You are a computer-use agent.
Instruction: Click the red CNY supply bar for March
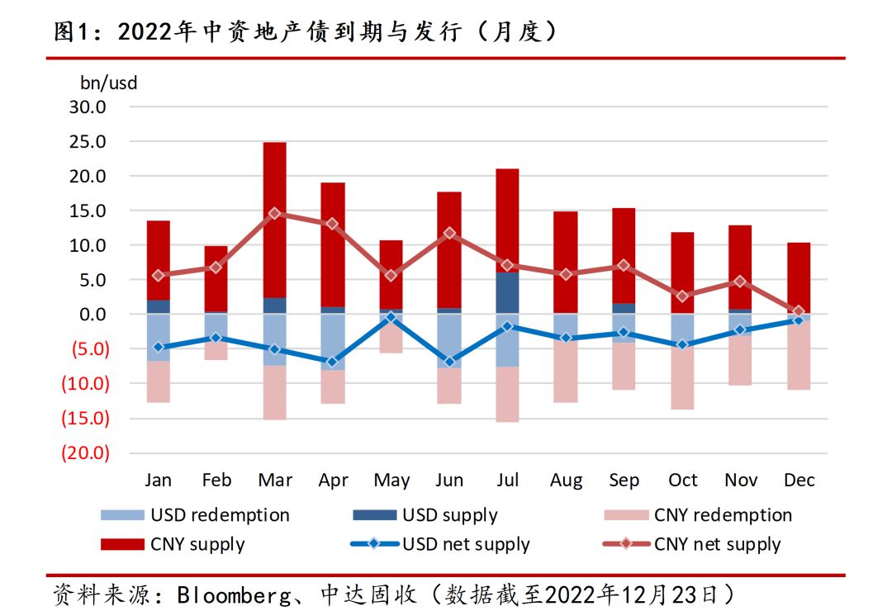(x=275, y=220)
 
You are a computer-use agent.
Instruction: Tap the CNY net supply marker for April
(x=333, y=224)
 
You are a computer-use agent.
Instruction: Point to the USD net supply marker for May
(x=391, y=317)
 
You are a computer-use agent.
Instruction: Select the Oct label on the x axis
(x=682, y=481)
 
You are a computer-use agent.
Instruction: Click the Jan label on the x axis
(x=158, y=481)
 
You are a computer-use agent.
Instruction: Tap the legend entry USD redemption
(x=220, y=515)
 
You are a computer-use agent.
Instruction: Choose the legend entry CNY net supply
(x=717, y=544)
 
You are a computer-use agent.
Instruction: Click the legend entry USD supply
(x=449, y=515)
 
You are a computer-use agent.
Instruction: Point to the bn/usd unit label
(x=109, y=83)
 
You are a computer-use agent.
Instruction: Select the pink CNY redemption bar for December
(x=799, y=355)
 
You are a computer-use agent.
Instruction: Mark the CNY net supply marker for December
(x=799, y=311)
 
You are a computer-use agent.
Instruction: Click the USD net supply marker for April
(x=333, y=362)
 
